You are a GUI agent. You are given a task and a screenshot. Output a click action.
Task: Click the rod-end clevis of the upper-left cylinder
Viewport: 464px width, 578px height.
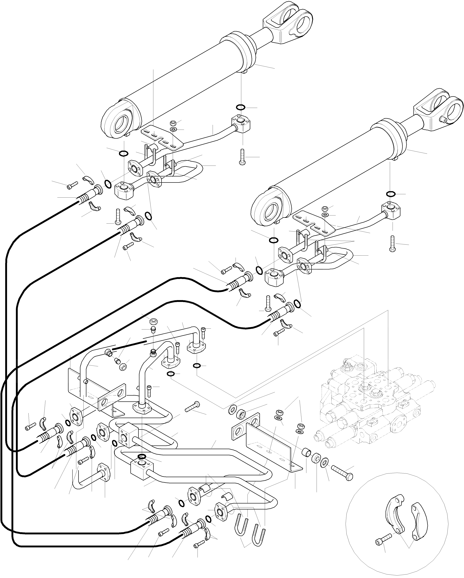coord(288,23)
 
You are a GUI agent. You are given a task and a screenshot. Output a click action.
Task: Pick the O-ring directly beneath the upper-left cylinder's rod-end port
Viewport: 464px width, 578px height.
coord(240,107)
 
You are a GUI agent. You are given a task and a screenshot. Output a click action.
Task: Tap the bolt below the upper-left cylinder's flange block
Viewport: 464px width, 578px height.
coord(242,157)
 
